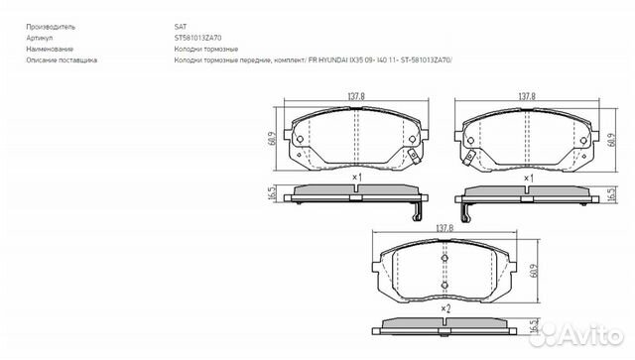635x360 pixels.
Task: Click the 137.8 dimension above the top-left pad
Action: (354, 96)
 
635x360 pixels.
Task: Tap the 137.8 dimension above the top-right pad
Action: (528, 96)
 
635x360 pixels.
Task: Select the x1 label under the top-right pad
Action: (528, 177)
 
